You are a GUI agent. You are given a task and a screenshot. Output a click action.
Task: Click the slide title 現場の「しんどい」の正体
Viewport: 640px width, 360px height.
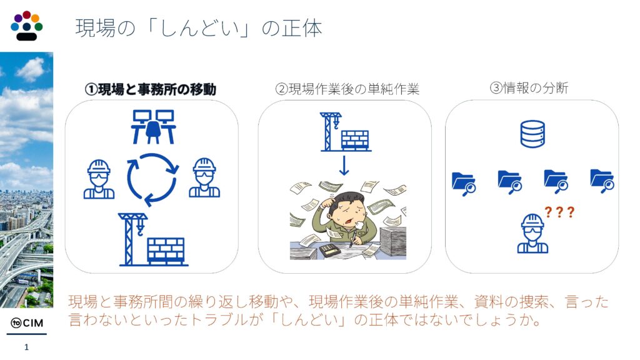[199, 28]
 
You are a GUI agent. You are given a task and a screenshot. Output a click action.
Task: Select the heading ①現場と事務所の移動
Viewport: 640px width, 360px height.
[151, 89]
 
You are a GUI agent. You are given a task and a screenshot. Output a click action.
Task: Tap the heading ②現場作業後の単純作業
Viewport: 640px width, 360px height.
[347, 89]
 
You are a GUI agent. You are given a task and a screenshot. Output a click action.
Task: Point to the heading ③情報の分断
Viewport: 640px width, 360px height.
[529, 87]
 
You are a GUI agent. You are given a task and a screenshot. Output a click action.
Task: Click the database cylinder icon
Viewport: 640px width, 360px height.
[532, 134]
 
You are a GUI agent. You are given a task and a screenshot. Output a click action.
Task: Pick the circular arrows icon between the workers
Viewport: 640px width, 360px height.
[152, 179]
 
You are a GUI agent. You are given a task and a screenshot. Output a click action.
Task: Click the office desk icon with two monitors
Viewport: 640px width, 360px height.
[154, 126]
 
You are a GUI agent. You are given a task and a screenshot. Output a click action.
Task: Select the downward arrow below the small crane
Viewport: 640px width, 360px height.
[344, 165]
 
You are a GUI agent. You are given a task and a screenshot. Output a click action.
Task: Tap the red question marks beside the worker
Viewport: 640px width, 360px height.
[559, 212]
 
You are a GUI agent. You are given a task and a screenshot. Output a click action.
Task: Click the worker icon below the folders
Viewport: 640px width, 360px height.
[532, 233]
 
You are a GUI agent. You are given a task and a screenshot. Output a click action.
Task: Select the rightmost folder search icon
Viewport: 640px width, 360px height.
[602, 181]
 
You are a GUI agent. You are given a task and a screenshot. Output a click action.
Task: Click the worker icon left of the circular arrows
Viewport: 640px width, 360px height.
[99, 179]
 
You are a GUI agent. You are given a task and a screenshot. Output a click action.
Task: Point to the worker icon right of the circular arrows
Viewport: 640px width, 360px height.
[204, 178]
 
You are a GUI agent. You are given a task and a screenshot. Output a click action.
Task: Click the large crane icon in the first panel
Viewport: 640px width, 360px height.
[153, 239]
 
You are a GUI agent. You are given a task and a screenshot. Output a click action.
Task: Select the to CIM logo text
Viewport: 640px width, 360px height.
[27, 323]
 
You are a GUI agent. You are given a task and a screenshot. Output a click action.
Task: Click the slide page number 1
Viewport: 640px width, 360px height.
[26, 347]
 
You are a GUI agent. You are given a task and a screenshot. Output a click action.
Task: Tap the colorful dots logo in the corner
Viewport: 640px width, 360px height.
[26, 26]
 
